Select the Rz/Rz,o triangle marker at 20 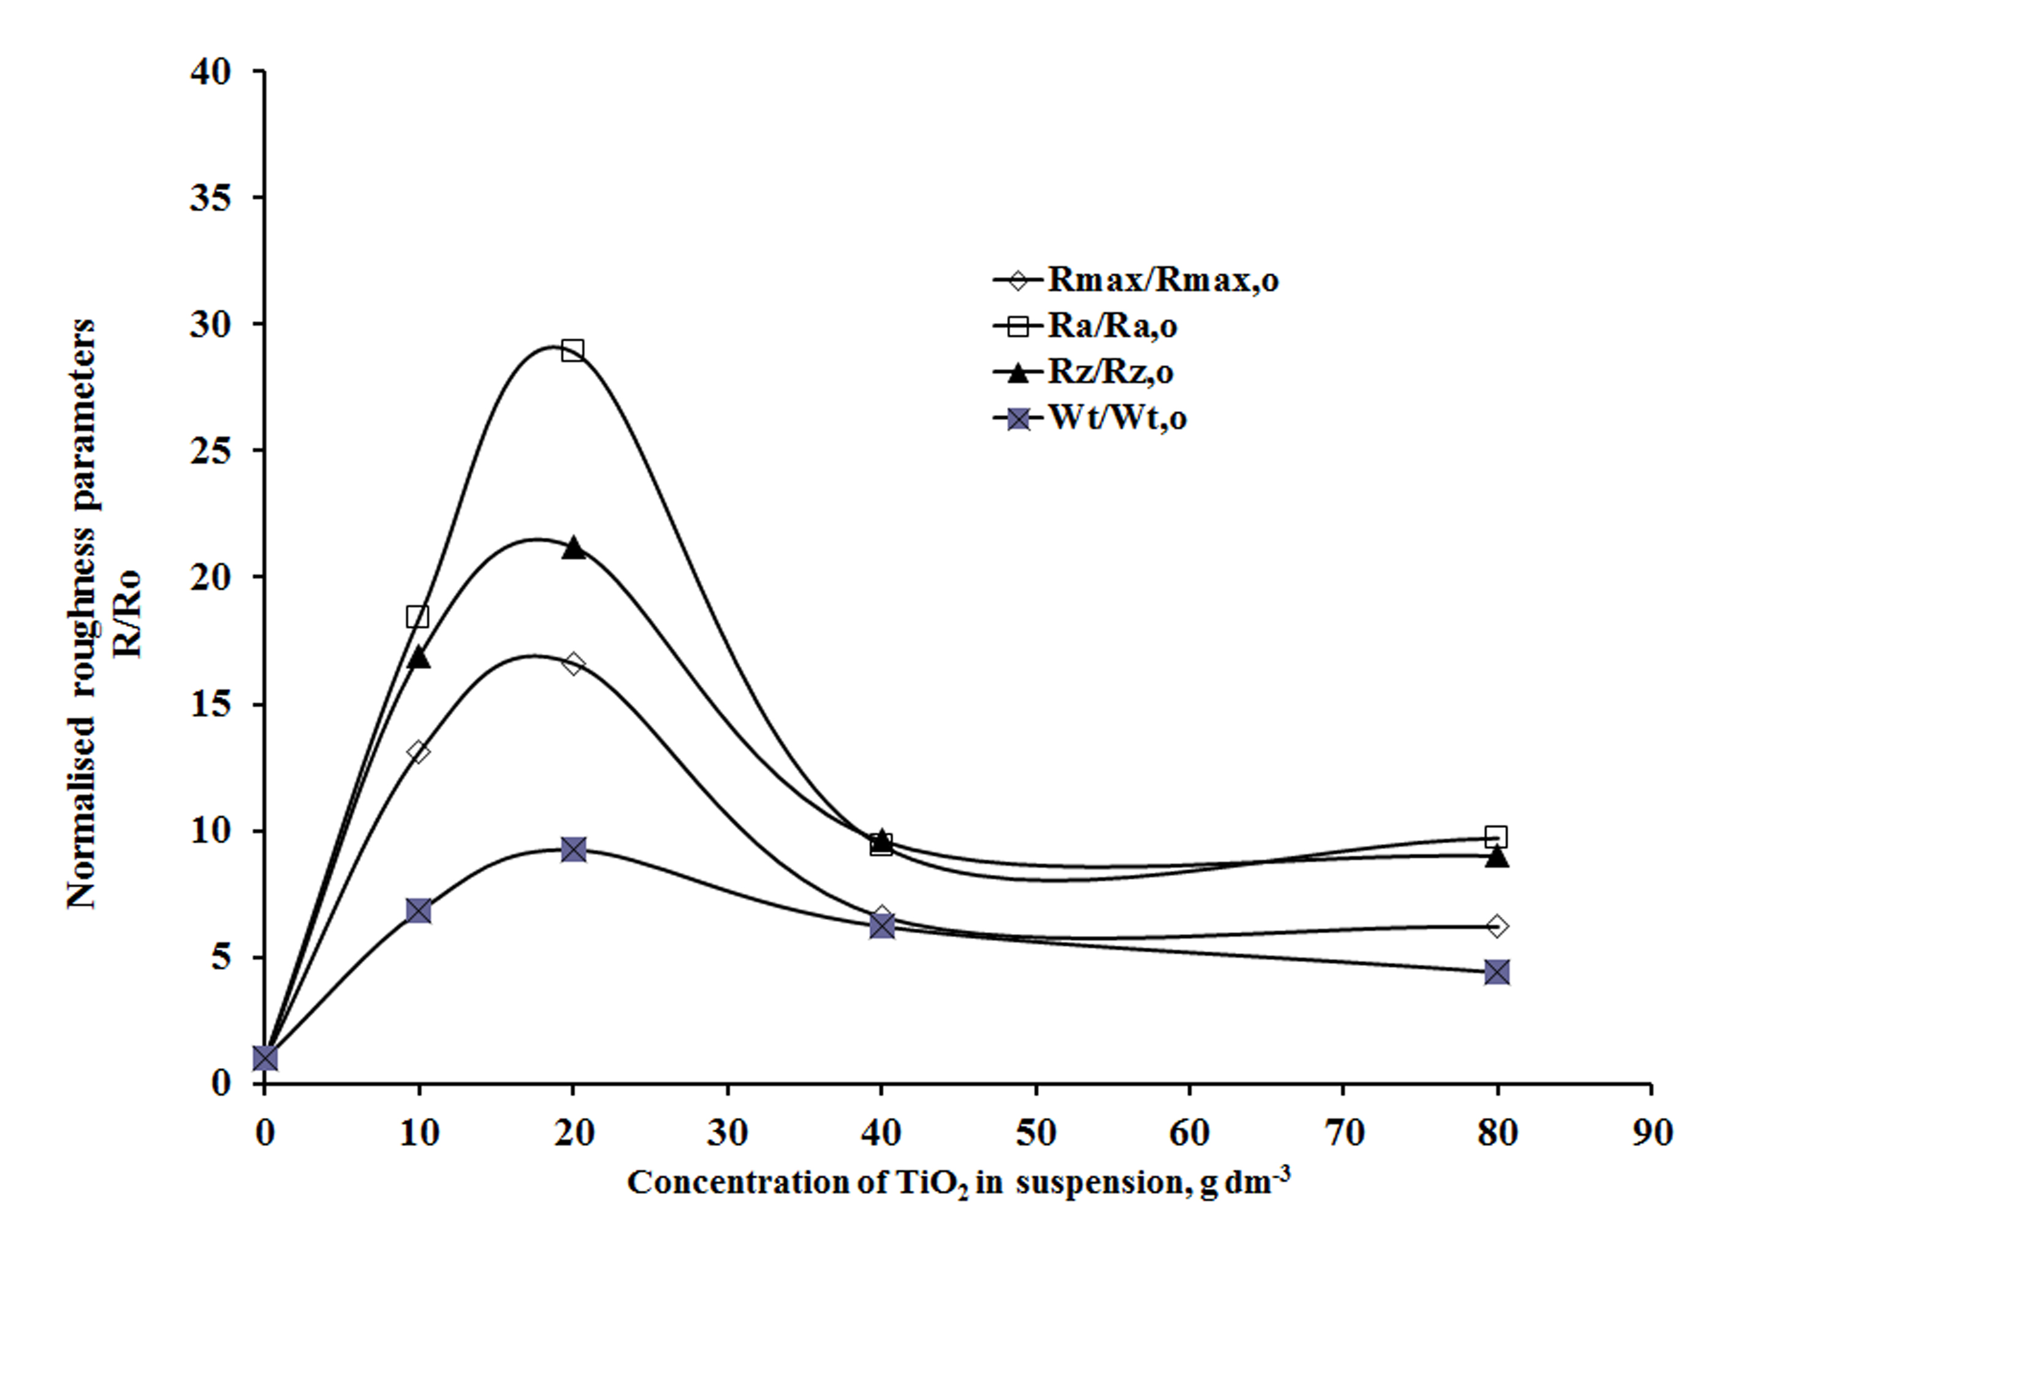click(573, 548)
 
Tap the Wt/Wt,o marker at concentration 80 click(1497, 972)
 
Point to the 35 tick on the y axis click(210, 199)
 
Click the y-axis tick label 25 click(210, 451)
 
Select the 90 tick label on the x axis click(1651, 1133)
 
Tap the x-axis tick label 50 click(1035, 1133)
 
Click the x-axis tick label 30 click(727, 1133)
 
